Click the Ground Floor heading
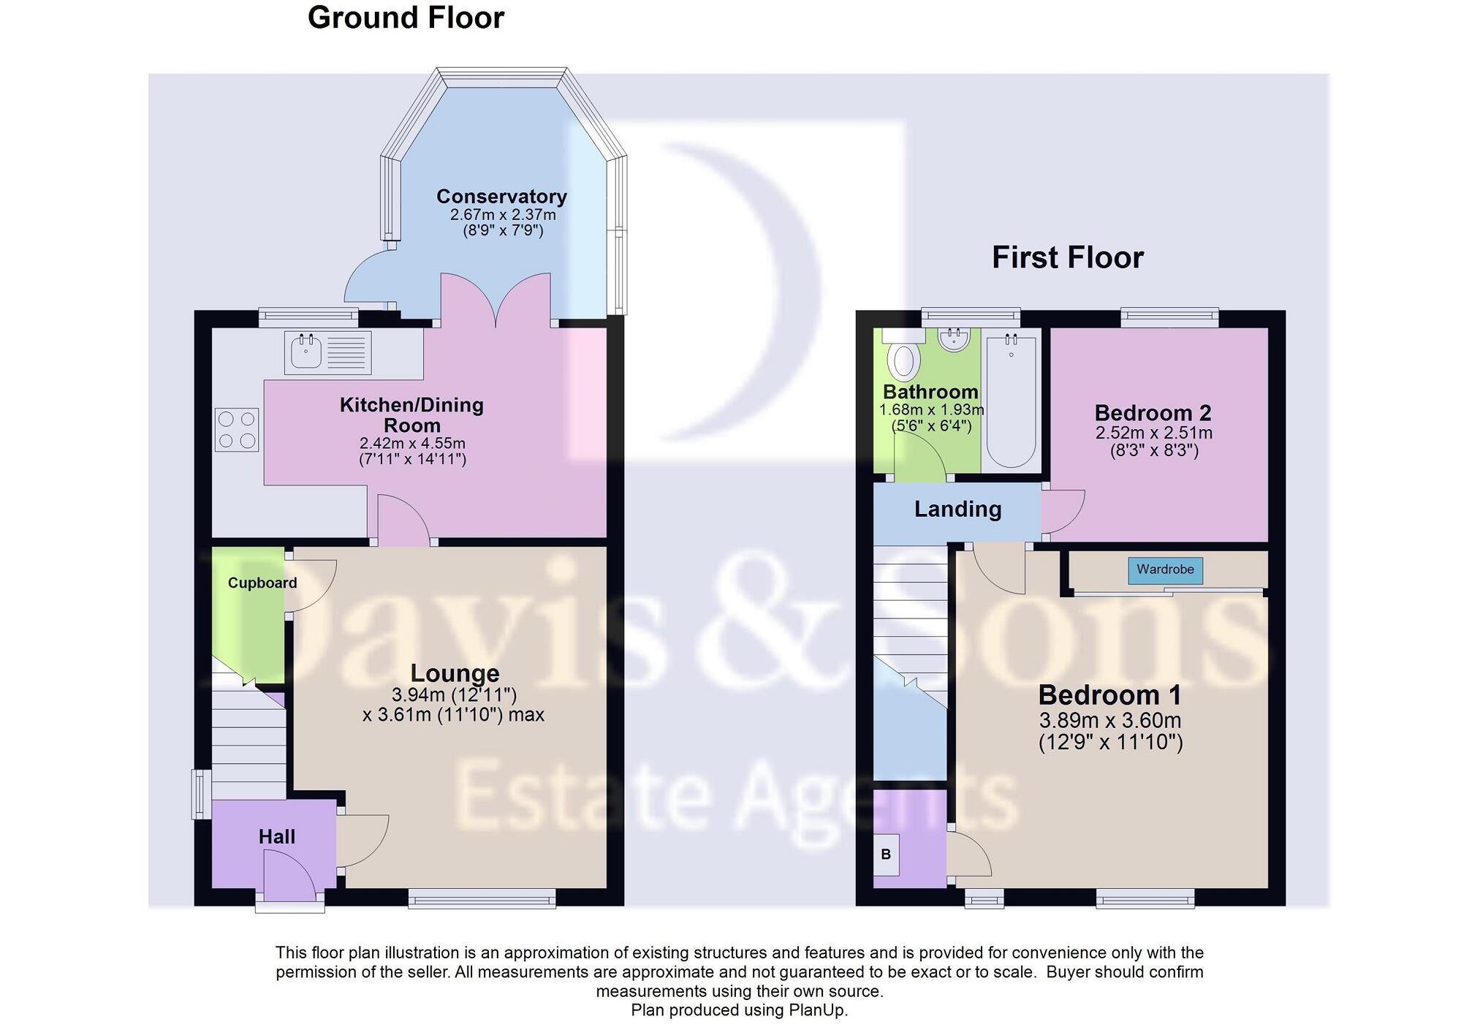pyautogui.click(x=406, y=18)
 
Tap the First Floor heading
pyautogui.click(x=1067, y=257)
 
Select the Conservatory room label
pyautogui.click(x=501, y=197)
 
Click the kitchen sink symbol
pyautogui.click(x=306, y=353)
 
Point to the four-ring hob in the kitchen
pyautogui.click(x=237, y=430)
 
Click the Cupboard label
pyautogui.click(x=262, y=583)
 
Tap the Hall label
pyautogui.click(x=276, y=837)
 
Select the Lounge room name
pyautogui.click(x=455, y=673)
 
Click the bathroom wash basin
pyautogui.click(x=954, y=339)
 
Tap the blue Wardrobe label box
pyautogui.click(x=1165, y=569)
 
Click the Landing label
pyautogui.click(x=957, y=509)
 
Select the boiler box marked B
pyautogui.click(x=886, y=854)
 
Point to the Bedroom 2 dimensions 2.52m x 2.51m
pyautogui.click(x=1153, y=433)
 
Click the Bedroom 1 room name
pyautogui.click(x=1109, y=694)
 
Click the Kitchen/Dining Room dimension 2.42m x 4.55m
pyautogui.click(x=412, y=443)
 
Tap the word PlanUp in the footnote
pyautogui.click(x=816, y=1010)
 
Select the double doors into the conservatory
pyautogui.click(x=496, y=300)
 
